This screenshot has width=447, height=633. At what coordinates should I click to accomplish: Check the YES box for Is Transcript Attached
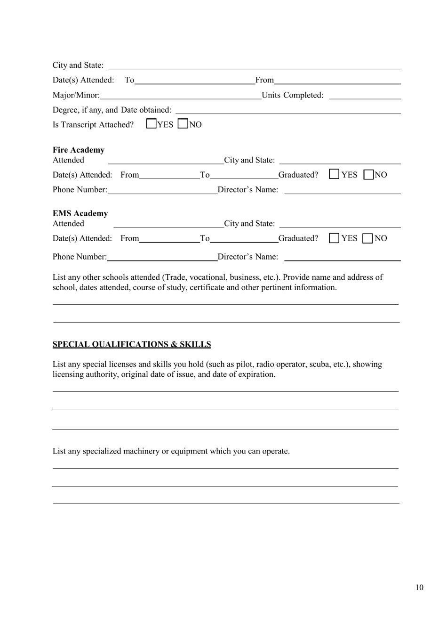click(151, 124)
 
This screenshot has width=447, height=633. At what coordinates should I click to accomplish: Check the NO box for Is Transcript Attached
click(183, 124)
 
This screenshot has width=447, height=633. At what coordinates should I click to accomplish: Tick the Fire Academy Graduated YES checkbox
click(334, 174)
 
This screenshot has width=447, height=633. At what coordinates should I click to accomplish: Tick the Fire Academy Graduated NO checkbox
click(368, 175)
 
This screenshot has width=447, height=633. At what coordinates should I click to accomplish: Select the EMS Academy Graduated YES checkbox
click(334, 238)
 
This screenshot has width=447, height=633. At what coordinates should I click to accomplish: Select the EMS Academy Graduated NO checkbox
click(368, 238)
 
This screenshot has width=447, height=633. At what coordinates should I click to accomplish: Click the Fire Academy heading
click(79, 150)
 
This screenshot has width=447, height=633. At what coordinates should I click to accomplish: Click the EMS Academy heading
click(80, 214)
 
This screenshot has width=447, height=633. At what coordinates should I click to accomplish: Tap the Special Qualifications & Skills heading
click(132, 344)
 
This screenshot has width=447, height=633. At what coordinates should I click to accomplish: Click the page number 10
click(419, 587)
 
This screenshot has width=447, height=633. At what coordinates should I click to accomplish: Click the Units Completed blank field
click(365, 96)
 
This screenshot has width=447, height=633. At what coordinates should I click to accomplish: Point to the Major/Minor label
click(76, 95)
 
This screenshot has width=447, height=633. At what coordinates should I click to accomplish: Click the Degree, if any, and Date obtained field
click(287, 110)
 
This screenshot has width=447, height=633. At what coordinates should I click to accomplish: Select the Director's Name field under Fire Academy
click(342, 190)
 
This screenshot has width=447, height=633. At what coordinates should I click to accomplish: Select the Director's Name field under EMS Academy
click(342, 257)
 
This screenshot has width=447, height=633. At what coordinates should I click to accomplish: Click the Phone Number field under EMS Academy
click(162, 257)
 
